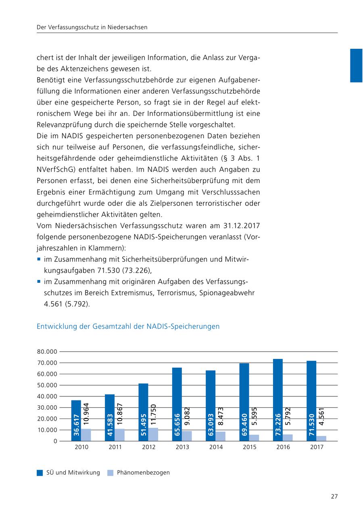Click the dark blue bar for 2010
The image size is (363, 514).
point(76,421)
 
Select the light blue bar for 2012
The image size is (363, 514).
point(153,434)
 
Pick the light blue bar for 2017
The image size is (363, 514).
point(321,438)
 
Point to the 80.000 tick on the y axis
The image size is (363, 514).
point(47,352)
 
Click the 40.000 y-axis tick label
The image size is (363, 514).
point(47,396)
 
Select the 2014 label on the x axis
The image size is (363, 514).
point(216,447)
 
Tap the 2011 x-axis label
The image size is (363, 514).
point(115,447)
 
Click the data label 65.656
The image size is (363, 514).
point(177,425)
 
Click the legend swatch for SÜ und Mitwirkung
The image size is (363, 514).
point(40,473)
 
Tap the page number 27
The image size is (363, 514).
point(334,496)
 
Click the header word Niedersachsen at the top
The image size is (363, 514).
point(127,27)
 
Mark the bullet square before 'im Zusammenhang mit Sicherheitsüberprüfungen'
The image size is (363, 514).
point(39,259)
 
